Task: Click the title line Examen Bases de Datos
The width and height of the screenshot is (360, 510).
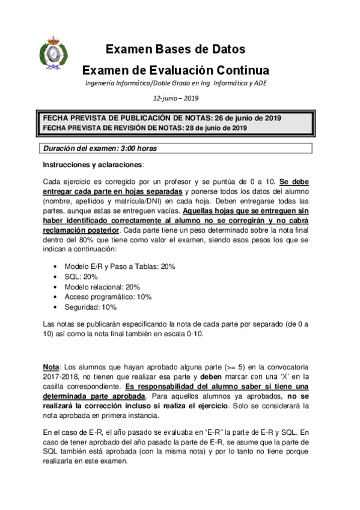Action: tap(175, 49)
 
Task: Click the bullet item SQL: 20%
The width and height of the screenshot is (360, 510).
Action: tap(81, 276)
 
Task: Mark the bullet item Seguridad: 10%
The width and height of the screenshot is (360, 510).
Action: tap(91, 307)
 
